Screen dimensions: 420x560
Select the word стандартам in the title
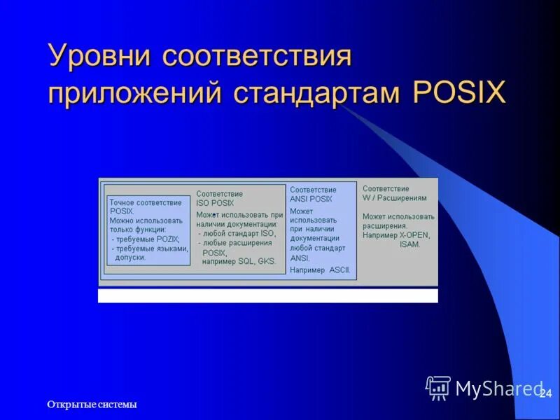click(x=318, y=93)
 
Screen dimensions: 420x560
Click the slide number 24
click(x=546, y=394)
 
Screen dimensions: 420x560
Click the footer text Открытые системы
click(x=92, y=405)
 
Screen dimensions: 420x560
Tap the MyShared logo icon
click(x=438, y=387)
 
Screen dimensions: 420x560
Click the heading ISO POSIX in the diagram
click(x=215, y=203)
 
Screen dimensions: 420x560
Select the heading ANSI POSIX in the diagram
click(x=311, y=199)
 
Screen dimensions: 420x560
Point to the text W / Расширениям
click(x=393, y=198)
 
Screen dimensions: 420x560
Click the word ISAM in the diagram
click(x=409, y=245)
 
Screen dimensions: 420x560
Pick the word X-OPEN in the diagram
click(x=414, y=235)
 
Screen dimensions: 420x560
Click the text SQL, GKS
click(x=257, y=261)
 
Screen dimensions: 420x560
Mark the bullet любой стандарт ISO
click(x=239, y=234)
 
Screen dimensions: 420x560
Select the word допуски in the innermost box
click(x=130, y=258)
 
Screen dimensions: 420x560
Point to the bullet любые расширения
click(x=237, y=243)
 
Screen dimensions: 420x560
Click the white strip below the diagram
click(x=267, y=295)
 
